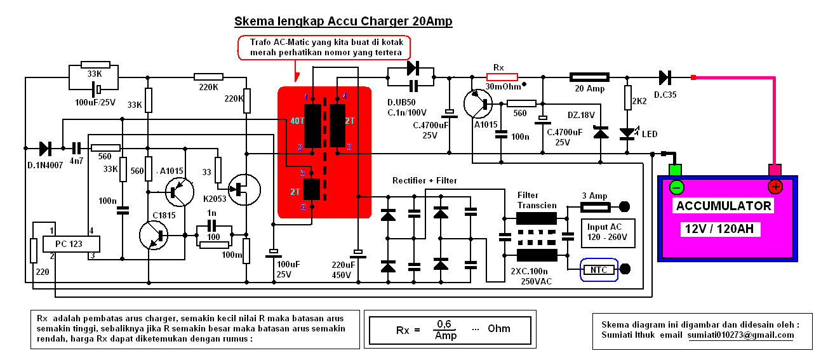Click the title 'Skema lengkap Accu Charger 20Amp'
point(344,22)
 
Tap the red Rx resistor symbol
point(502,77)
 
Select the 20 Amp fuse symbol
point(590,77)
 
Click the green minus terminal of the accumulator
point(676,187)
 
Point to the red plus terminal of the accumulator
point(775,186)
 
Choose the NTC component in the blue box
point(599,270)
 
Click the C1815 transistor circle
point(154,236)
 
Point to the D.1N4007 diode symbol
point(45,149)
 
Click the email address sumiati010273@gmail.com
point(740,335)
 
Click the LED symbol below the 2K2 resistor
point(627,133)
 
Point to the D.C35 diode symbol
point(665,77)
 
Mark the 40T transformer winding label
point(297,121)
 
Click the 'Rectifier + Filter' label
point(424,180)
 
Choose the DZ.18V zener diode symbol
point(600,133)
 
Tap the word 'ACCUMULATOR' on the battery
point(723,206)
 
